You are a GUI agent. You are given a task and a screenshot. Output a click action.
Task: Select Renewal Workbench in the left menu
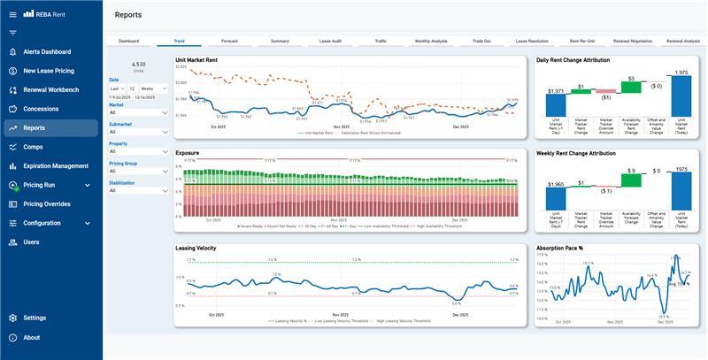[x=50, y=90]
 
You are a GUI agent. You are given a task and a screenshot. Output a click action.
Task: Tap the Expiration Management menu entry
[x=56, y=166]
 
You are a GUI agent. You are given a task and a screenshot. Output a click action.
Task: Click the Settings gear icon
[x=13, y=318]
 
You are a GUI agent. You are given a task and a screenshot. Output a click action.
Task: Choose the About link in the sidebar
[x=31, y=337]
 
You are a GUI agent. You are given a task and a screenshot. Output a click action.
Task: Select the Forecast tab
[x=229, y=41]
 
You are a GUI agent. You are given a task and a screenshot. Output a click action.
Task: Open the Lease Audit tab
[x=330, y=41]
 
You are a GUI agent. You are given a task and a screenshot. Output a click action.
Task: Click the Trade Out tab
[x=481, y=41]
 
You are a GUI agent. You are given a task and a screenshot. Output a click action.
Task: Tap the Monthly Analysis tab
[x=431, y=41]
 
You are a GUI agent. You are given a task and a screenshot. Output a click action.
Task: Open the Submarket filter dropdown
[x=139, y=132]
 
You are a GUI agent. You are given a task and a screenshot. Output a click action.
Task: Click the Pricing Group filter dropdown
[x=139, y=171]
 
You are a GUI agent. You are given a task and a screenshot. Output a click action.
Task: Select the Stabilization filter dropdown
[x=139, y=190]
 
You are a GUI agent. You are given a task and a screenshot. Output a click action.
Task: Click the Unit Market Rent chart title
[x=196, y=60]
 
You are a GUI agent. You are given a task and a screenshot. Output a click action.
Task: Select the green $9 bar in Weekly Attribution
[x=631, y=180]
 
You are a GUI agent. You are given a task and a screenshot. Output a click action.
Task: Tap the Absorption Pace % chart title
[x=562, y=248]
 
